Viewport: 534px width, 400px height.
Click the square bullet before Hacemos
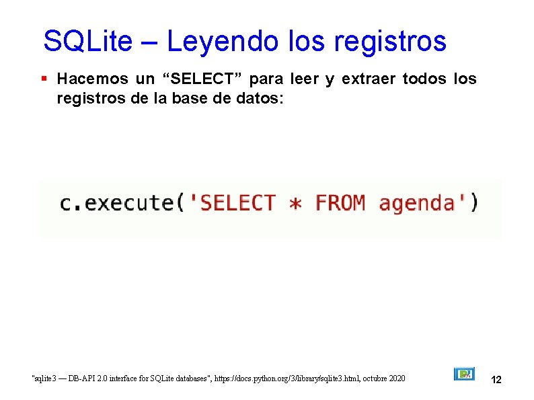pyautogui.click(x=44, y=79)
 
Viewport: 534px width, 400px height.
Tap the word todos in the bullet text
pyautogui.click(x=426, y=79)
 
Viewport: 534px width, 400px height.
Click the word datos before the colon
pyautogui.click(x=264, y=99)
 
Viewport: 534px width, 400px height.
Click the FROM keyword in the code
pyautogui.click(x=340, y=202)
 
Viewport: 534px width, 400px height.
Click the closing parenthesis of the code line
pyautogui.click(x=475, y=202)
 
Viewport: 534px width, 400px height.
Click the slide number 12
pyautogui.click(x=496, y=380)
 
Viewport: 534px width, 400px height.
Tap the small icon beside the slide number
pyautogui.click(x=464, y=374)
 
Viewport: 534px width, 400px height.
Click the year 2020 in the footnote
pyautogui.click(x=396, y=379)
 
